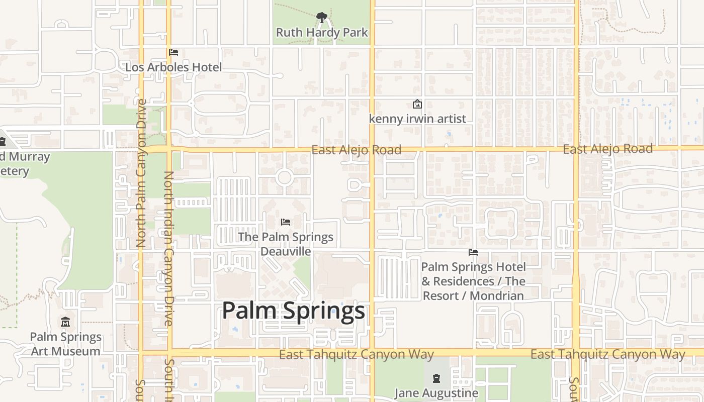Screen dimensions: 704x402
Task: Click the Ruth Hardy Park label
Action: [x=322, y=33]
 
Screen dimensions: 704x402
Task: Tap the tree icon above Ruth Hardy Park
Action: [x=322, y=18]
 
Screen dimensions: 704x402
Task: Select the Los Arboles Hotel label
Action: [x=173, y=67]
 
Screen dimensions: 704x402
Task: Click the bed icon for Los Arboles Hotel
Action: [x=173, y=52]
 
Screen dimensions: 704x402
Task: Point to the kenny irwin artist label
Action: [x=417, y=119]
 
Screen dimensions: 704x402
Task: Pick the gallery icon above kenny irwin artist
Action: [x=417, y=105]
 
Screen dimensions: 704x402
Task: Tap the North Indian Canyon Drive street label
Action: [x=168, y=249]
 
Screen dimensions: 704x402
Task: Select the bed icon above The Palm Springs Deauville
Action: [x=286, y=222]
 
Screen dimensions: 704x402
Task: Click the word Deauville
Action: [x=286, y=251]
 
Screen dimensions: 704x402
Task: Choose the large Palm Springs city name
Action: [x=293, y=311]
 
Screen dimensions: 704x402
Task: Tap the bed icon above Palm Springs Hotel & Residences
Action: [x=473, y=252]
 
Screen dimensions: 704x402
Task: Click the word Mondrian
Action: [x=497, y=295]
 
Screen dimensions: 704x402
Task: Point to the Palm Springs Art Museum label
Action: [x=66, y=344]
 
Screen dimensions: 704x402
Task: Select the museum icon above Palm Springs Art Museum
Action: [x=65, y=322]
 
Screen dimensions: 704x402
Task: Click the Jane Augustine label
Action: [x=436, y=393]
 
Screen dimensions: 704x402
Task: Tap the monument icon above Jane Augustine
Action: [x=436, y=378]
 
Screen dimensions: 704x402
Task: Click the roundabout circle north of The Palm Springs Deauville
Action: [x=284, y=177]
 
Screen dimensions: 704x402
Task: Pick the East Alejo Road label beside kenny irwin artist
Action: [x=356, y=150]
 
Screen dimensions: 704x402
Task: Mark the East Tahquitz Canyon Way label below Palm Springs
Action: [x=356, y=354]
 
